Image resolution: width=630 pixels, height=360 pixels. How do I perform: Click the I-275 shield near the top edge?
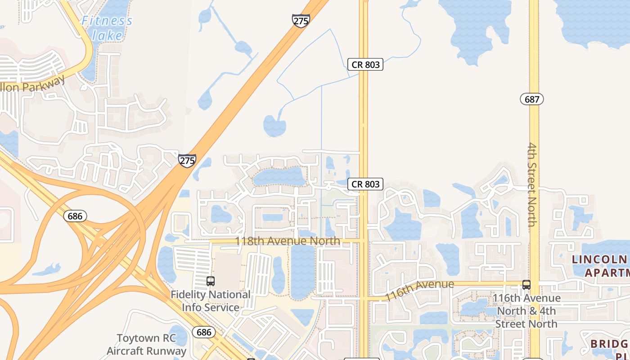[x=301, y=21]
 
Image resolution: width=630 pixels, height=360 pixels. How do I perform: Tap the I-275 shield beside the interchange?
[x=187, y=160]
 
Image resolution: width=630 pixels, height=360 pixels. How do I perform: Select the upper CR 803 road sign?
[x=365, y=64]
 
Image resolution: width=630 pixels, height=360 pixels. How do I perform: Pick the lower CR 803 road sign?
[x=365, y=184]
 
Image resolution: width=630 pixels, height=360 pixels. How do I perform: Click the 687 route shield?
[x=532, y=99]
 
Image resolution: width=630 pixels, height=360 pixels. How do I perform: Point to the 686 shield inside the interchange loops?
[x=75, y=216]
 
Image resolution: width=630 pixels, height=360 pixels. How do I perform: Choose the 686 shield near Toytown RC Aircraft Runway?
[x=204, y=333]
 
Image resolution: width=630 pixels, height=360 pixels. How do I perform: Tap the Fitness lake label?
[x=107, y=28]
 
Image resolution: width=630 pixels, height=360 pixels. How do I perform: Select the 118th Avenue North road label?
[x=288, y=241]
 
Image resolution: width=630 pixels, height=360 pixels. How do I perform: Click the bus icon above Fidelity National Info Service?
[x=210, y=281]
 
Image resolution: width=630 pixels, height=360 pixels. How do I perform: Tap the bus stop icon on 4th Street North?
[x=526, y=284]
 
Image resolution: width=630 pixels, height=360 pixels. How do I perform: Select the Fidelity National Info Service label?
[x=211, y=301]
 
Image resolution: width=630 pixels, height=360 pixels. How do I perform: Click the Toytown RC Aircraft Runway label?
[x=146, y=344]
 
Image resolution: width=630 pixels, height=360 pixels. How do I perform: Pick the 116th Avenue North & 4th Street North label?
[x=526, y=310]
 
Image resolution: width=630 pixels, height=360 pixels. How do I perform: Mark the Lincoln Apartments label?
[x=601, y=265]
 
